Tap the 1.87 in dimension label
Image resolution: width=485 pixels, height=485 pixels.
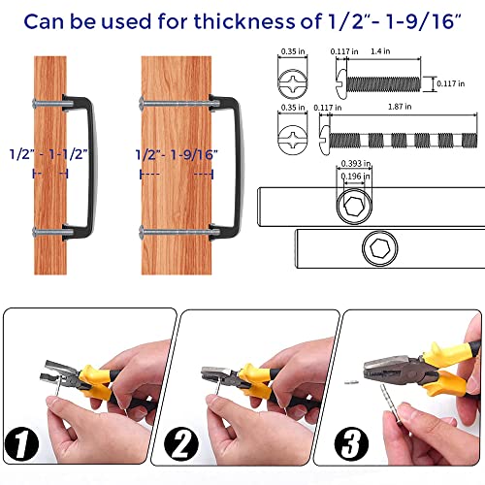(x=400, y=107)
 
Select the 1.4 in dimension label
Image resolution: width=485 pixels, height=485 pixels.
(x=380, y=51)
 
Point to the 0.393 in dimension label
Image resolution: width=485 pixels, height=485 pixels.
(x=356, y=164)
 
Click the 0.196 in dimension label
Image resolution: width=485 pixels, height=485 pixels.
(x=355, y=177)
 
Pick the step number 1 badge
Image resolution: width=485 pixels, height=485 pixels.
(x=21, y=444)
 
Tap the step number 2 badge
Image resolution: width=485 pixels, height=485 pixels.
(x=181, y=444)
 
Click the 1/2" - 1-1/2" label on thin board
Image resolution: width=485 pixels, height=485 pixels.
(x=48, y=154)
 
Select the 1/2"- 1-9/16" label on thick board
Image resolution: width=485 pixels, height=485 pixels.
(x=177, y=154)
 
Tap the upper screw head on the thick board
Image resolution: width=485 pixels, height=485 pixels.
(x=142, y=103)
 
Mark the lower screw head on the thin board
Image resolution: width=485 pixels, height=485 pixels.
(x=35, y=232)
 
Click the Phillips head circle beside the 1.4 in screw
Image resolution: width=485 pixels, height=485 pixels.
(x=293, y=83)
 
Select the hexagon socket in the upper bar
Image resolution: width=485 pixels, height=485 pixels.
(x=354, y=205)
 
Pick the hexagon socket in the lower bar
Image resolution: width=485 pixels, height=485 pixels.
(x=380, y=248)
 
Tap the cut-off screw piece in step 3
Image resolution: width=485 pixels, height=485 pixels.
(x=351, y=383)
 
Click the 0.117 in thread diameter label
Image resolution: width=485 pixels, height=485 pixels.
(x=451, y=83)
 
